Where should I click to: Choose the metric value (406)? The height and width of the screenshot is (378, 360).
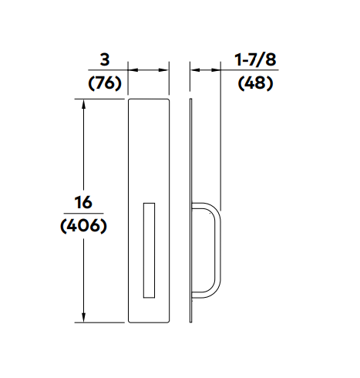pos(82,227)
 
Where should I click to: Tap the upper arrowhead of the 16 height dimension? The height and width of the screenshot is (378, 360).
pos(83,103)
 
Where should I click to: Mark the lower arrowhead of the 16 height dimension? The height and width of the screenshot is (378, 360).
pos(83,318)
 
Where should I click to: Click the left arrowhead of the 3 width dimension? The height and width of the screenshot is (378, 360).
pos(132,70)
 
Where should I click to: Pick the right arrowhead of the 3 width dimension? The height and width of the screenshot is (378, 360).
pos(164,70)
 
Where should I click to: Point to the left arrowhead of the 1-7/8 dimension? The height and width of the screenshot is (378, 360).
pos(194,70)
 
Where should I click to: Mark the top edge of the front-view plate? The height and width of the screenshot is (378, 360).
pos(149,99)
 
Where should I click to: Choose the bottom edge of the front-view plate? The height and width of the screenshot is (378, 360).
pos(149,322)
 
